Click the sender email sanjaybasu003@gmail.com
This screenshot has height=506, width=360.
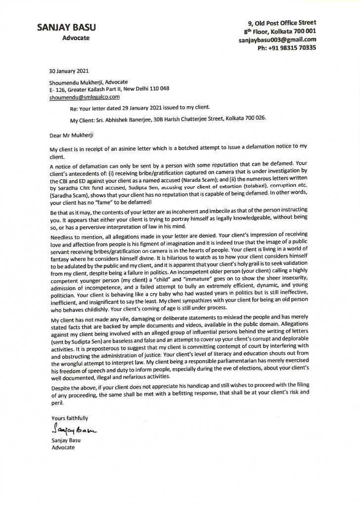(x=277, y=40)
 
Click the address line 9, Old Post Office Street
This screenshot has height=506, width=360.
(x=282, y=23)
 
